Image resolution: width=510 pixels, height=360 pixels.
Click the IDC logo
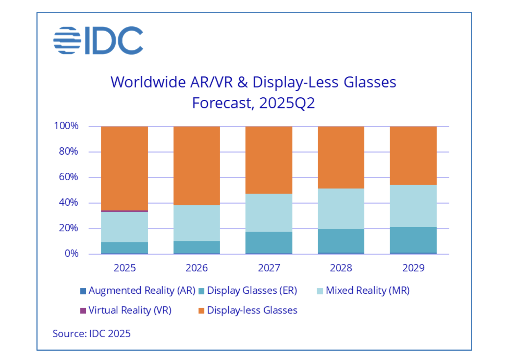pos(98,41)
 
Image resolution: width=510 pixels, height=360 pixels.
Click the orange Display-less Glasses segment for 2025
pos(124,168)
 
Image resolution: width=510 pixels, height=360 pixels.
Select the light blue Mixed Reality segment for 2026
pos(197,223)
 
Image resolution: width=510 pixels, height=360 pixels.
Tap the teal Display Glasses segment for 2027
pos(269,242)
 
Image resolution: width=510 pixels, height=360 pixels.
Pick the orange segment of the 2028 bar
pos(341,157)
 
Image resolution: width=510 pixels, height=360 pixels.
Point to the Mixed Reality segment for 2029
pos(413,206)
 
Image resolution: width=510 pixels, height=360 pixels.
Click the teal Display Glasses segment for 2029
pos(413,240)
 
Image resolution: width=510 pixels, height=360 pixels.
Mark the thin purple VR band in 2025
pos(124,211)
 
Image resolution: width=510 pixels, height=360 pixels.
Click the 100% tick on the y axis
pos(66,126)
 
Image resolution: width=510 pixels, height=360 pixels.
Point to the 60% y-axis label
pos(68,177)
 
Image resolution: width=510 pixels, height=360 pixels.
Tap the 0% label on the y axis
pos(71,254)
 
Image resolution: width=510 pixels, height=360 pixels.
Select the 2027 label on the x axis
pos(269,268)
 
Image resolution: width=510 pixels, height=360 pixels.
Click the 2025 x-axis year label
pos(124,268)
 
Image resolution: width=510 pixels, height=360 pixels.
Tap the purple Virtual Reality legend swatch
pos(83,310)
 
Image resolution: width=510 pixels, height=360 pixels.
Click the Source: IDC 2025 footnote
pos(91,334)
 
